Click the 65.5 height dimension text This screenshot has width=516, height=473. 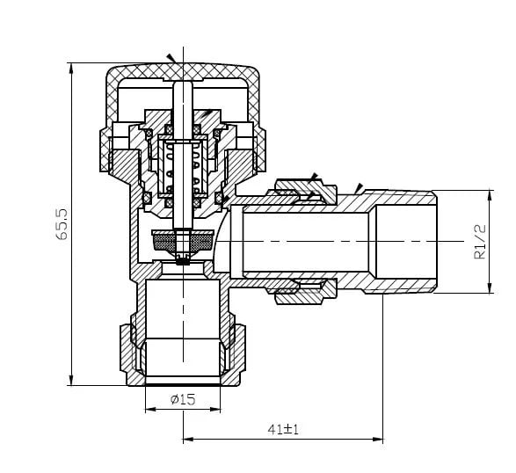coord(62,224)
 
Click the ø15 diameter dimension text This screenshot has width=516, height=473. coord(183,399)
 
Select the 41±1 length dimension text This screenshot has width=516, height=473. coord(283,430)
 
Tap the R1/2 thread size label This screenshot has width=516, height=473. coord(479,242)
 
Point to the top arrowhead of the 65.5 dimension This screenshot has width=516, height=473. coord(70,69)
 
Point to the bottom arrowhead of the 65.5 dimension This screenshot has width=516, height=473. coord(70,379)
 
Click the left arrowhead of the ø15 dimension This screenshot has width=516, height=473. coord(150,410)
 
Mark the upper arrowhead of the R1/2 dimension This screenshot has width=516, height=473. coord(490,197)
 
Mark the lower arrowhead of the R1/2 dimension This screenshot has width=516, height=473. coord(490,287)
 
